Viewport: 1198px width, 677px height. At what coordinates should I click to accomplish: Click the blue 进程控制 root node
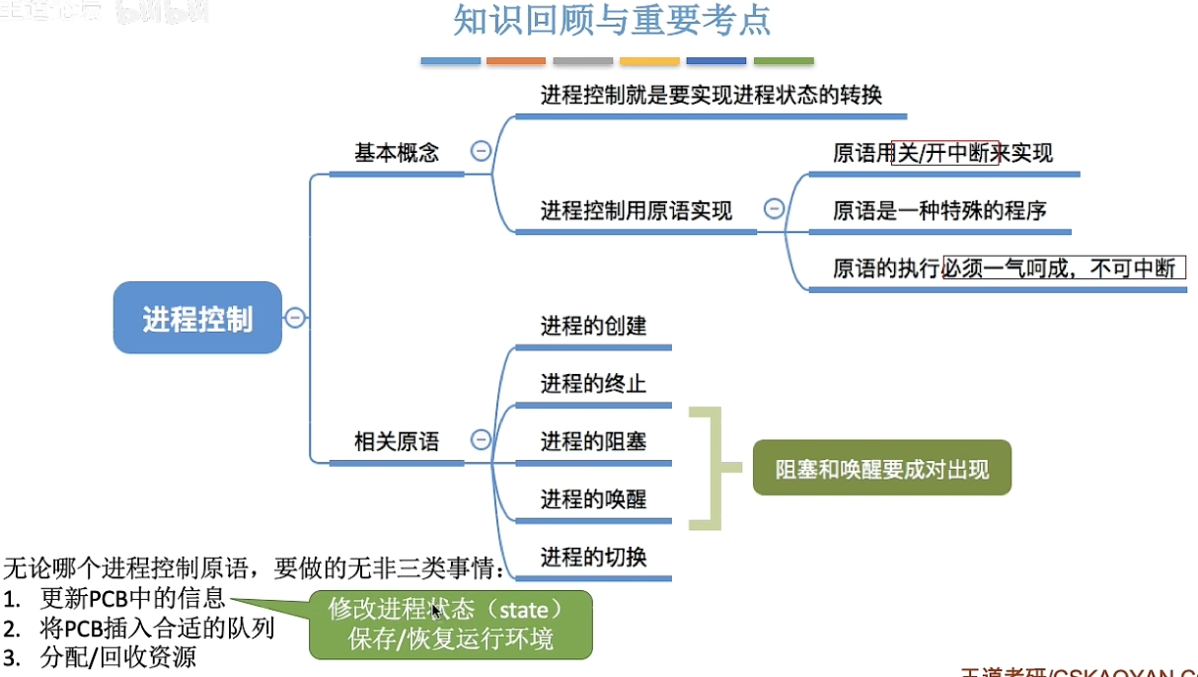[x=197, y=318]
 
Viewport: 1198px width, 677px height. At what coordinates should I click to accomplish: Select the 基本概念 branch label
[x=397, y=153]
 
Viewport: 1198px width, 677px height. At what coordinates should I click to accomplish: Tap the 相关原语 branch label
[x=397, y=442]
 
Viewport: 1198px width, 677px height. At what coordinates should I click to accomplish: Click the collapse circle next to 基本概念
[x=482, y=151]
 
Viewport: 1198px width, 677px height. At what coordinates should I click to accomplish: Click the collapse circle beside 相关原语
[x=482, y=440]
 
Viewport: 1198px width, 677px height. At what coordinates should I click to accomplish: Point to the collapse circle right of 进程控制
[x=295, y=318]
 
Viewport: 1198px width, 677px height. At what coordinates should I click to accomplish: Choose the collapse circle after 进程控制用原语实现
[x=775, y=208]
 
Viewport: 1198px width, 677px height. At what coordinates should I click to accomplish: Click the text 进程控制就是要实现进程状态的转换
[x=711, y=96]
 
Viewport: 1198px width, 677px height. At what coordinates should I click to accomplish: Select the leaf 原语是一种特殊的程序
[x=939, y=210]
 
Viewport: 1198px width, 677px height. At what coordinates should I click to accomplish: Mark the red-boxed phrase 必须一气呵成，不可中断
[x=1063, y=267]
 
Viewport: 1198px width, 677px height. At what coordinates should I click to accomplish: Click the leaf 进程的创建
[x=593, y=326]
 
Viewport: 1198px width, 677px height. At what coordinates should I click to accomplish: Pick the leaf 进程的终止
[x=593, y=383]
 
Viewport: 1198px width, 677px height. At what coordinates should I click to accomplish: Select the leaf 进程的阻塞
[x=593, y=441]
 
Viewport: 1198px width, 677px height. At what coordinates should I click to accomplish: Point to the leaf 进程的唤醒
[x=593, y=499]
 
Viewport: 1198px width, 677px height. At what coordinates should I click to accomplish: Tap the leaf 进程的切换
[x=593, y=558]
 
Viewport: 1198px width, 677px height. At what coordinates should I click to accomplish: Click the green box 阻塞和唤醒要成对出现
[x=881, y=468]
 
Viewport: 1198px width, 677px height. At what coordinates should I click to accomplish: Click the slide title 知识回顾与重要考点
[x=612, y=21]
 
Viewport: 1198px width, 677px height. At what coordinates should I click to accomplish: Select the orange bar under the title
[x=516, y=61]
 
